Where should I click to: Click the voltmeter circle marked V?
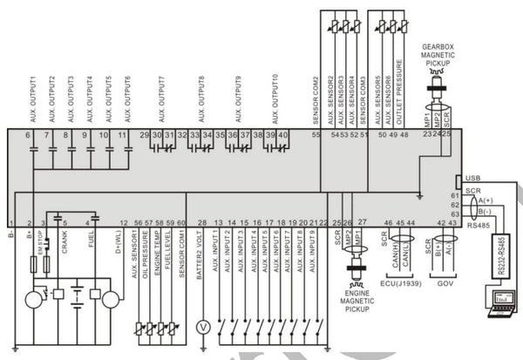pyautogui.click(x=202, y=329)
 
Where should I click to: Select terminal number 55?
pyautogui.click(x=316, y=135)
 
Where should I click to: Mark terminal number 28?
pyautogui.click(x=202, y=223)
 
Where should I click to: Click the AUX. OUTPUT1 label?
pyautogui.click(x=31, y=92)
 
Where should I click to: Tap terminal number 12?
pyautogui.click(x=123, y=223)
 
